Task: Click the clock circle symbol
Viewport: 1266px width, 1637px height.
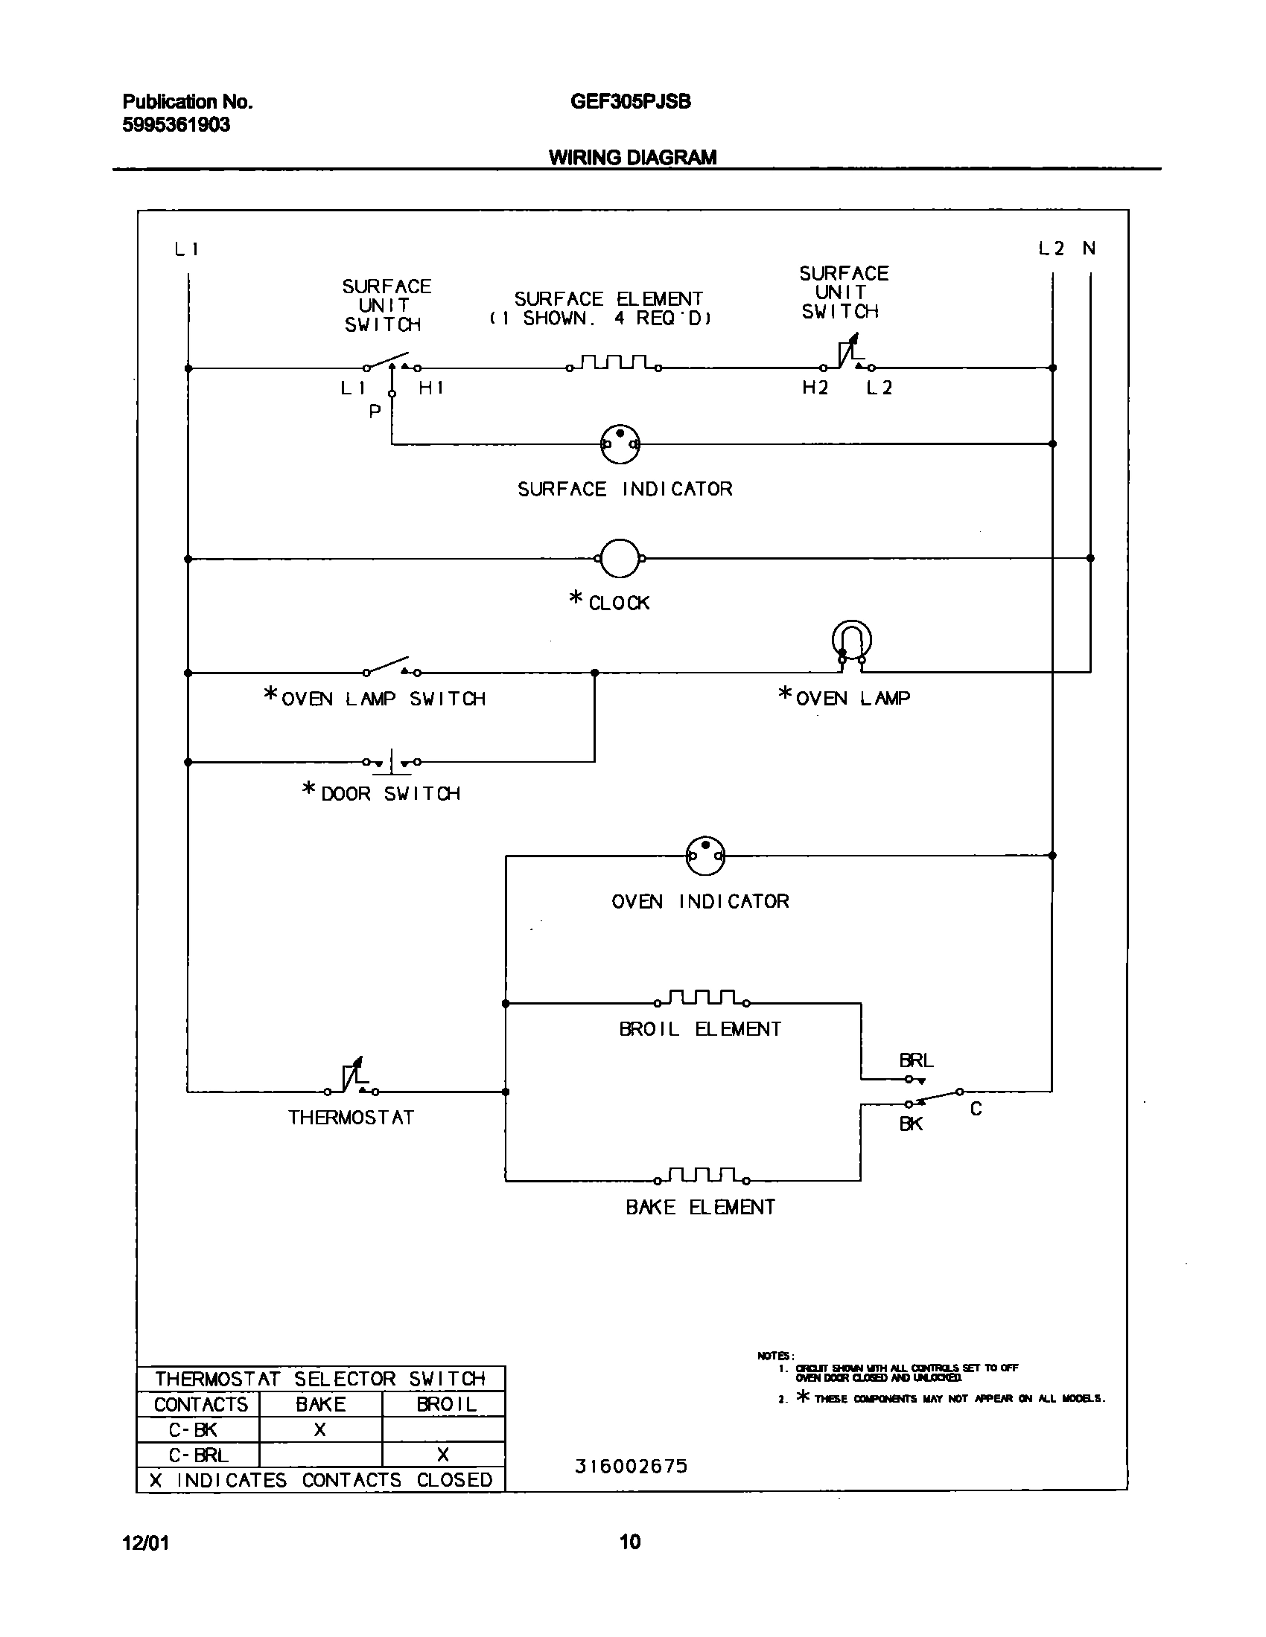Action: point(620,558)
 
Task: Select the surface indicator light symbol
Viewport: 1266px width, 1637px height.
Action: point(620,443)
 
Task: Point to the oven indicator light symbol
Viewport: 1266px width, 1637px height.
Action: point(705,855)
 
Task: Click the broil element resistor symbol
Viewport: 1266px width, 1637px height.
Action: point(702,999)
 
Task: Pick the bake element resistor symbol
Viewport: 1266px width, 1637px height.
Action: point(702,1176)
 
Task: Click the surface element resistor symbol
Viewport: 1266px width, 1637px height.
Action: point(614,363)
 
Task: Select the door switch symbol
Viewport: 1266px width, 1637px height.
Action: point(391,761)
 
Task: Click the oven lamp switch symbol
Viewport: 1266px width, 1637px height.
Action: point(391,667)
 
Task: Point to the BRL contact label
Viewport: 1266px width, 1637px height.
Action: point(916,1060)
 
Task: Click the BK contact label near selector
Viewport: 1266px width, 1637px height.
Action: point(911,1124)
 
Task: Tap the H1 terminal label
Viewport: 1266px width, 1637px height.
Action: point(431,388)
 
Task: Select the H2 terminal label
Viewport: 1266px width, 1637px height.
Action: point(815,388)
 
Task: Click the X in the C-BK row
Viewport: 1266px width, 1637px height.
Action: point(320,1429)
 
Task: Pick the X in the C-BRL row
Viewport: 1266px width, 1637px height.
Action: point(443,1455)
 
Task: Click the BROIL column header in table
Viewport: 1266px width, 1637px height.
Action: point(446,1404)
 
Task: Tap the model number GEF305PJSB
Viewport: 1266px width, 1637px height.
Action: point(630,102)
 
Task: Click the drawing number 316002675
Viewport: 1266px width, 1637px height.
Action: point(631,1466)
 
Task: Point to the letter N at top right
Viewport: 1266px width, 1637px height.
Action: point(1089,248)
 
